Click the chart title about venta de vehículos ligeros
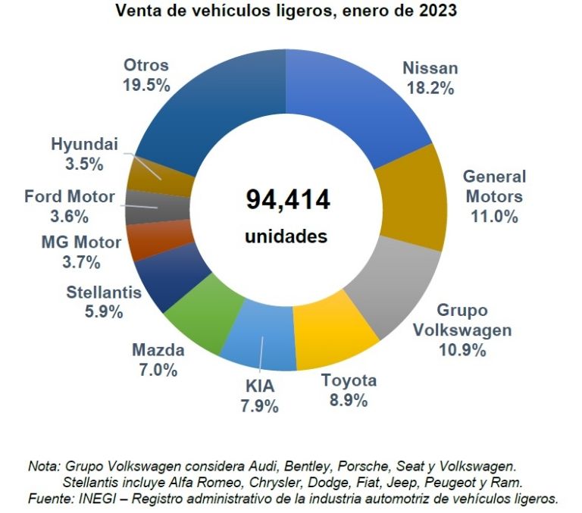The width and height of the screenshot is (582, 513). [x=287, y=11]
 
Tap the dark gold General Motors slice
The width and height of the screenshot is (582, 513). [x=408, y=196]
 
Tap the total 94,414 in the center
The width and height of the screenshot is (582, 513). [x=287, y=200]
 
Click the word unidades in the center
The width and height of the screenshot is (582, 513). [x=286, y=236]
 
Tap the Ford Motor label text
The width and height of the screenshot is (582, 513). [x=69, y=197]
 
